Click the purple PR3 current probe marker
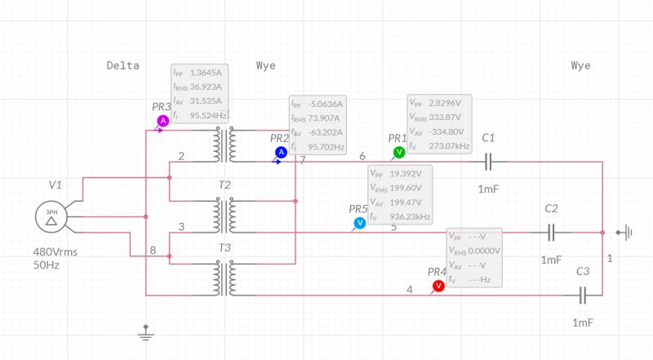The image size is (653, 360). point(162,121)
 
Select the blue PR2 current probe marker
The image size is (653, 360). point(281,152)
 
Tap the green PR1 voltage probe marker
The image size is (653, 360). point(399,152)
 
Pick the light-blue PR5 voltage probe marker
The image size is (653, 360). point(360,223)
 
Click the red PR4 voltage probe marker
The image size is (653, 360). point(438,285)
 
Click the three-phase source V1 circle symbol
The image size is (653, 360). point(51,217)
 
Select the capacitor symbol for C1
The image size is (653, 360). point(488,162)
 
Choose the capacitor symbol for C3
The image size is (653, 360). point(583,294)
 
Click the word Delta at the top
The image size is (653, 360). point(122,65)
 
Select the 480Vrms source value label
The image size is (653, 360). point(55,252)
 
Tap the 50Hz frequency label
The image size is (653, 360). point(47,265)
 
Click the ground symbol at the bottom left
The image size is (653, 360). point(145,331)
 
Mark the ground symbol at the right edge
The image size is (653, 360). point(624,233)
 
